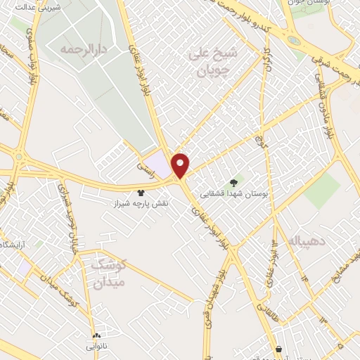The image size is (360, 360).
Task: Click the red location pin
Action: point(181,165)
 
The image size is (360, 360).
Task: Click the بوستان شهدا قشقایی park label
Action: point(236,192)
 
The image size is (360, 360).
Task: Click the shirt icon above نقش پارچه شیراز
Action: point(141,191)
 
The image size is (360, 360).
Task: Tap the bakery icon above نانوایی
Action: point(96,335)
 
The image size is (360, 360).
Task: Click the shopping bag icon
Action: point(280,349)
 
